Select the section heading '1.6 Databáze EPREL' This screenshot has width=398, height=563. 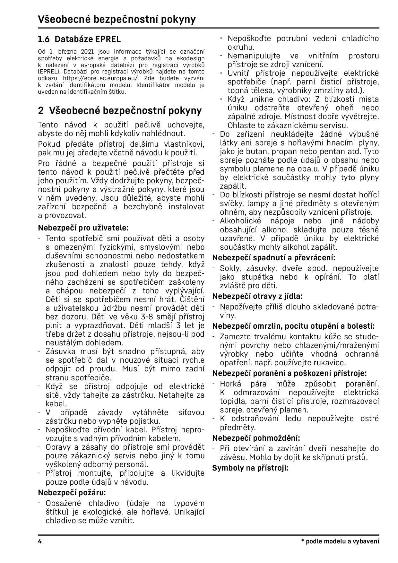79,39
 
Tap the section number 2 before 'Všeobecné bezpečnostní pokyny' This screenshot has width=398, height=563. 41,111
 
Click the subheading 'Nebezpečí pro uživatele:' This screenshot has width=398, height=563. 83,228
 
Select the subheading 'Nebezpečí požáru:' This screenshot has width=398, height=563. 72,492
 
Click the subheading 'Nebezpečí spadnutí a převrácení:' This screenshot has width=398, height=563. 274,258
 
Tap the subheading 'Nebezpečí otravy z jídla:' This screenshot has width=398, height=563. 257,296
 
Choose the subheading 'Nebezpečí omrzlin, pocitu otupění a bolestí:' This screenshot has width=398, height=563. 293,326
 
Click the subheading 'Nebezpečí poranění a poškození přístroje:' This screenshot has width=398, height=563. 290,373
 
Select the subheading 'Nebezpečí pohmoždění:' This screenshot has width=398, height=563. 256,438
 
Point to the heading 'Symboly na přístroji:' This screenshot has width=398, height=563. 250,468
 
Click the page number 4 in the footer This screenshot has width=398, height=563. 40,541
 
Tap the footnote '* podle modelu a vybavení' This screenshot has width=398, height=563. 340,541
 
